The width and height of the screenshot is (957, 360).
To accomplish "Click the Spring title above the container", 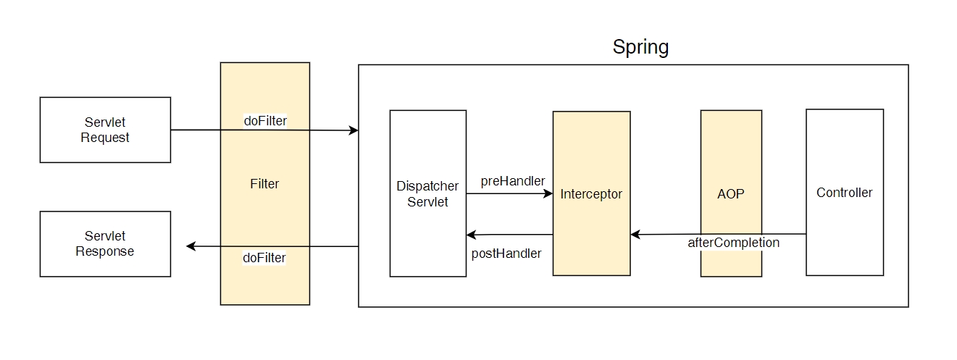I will click(640, 47).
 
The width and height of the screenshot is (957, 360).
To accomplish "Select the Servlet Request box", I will click(105, 130).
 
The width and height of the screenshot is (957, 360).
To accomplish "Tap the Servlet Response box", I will click(105, 244).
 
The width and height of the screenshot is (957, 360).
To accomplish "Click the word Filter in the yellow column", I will click(264, 184).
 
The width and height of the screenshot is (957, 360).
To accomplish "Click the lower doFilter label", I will click(264, 258).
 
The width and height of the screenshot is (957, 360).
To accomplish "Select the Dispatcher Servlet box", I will click(427, 193).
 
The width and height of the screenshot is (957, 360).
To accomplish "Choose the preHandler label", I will click(513, 181).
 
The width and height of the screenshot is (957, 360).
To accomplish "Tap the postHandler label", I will click(506, 254).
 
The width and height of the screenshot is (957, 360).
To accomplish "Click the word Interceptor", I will click(591, 194).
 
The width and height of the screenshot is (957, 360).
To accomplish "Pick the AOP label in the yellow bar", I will click(730, 194).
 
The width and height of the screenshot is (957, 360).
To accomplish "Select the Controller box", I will click(845, 193).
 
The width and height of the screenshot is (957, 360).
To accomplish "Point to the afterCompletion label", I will click(733, 243).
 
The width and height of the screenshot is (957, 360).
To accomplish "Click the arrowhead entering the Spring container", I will click(354, 130).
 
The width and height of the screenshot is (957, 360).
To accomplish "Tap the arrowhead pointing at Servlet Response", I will click(191, 246).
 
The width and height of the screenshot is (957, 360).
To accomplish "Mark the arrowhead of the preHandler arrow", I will click(548, 193).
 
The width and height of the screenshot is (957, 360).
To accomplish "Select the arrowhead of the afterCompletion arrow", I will click(635, 235).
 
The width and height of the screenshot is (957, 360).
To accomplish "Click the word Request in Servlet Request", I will click(105, 138).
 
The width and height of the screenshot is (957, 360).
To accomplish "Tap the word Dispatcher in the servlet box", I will click(427, 186).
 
